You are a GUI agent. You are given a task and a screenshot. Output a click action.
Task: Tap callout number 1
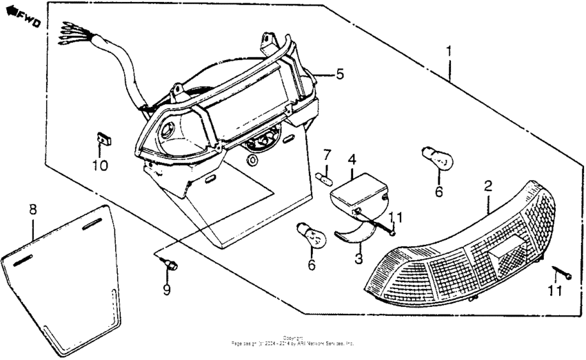449,51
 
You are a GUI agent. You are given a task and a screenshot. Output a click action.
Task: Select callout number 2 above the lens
487,186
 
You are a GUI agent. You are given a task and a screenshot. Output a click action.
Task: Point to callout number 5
339,73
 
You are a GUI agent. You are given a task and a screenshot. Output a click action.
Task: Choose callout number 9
166,290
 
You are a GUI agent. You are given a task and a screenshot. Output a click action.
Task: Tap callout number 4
352,159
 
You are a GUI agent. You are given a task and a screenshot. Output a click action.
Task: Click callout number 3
358,259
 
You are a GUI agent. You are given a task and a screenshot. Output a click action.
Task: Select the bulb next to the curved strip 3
310,235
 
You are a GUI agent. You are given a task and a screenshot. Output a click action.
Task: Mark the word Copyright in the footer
292,338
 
